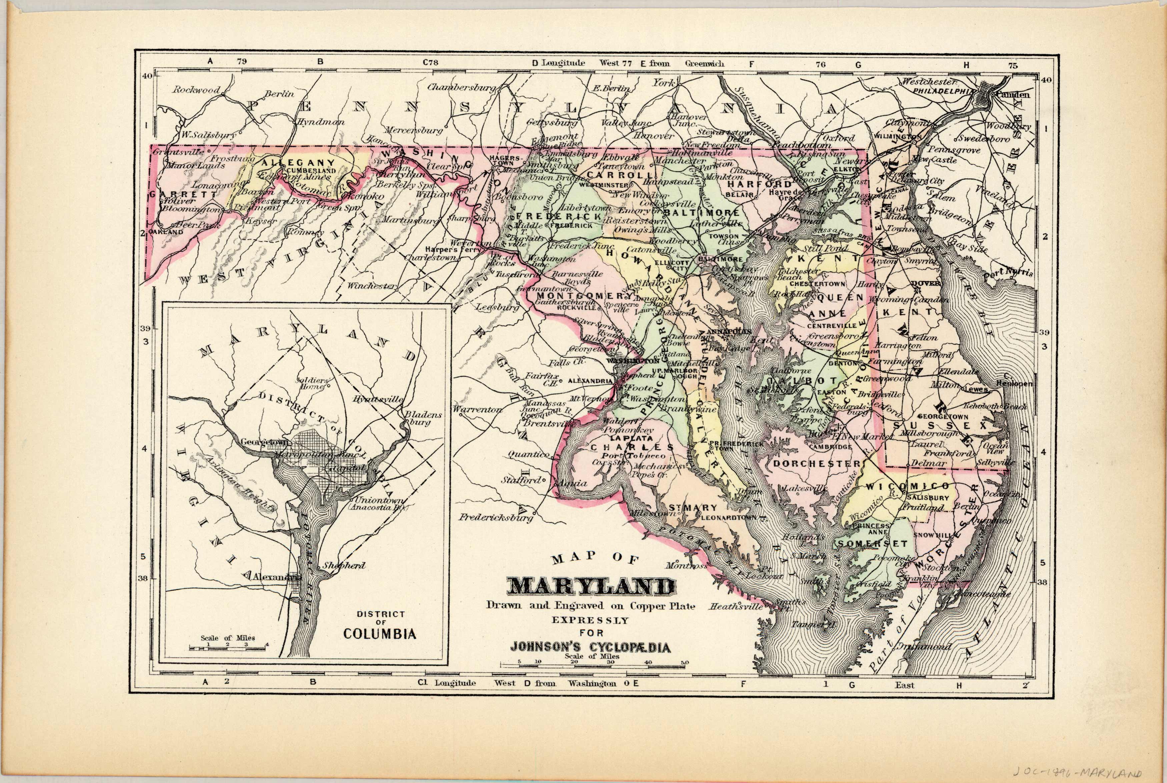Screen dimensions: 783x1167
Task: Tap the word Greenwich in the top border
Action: click(704, 63)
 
